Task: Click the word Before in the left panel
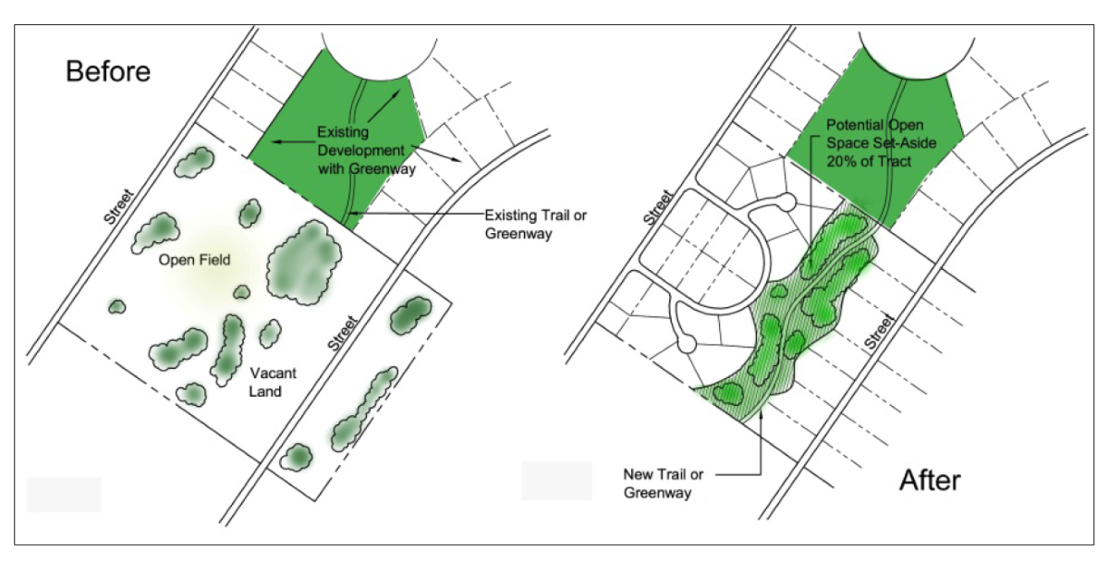[107, 71]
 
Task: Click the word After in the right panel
[931, 480]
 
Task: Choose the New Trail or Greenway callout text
[664, 483]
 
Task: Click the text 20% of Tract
[870, 162]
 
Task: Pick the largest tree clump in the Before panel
[302, 261]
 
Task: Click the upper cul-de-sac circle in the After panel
[786, 202]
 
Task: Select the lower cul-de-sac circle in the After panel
[687, 344]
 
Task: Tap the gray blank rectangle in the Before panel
[64, 495]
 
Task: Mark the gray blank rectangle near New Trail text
[556, 481]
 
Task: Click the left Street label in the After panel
[657, 208]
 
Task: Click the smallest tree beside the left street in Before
[116, 306]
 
